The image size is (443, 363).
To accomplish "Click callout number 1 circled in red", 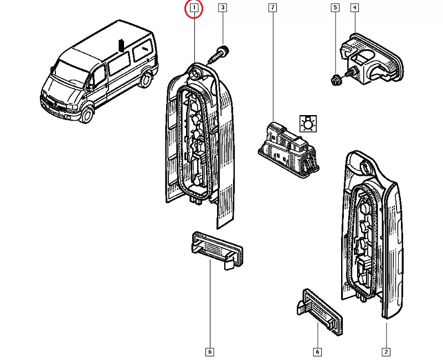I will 194,8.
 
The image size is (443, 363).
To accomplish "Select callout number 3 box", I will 222,8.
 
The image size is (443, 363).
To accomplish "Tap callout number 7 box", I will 272,8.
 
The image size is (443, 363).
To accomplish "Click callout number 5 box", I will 334,8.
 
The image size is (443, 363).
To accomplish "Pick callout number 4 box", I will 354,8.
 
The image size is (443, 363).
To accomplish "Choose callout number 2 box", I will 385,351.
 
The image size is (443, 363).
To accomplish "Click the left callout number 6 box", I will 209,351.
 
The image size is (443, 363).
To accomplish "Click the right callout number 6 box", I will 317,351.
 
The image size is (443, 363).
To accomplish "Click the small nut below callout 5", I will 336,79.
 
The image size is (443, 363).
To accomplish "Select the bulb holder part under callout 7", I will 289,147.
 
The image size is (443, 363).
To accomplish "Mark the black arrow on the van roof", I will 120,45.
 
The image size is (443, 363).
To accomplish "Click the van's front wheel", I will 87,115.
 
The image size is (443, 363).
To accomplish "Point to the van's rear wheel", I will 146,80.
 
